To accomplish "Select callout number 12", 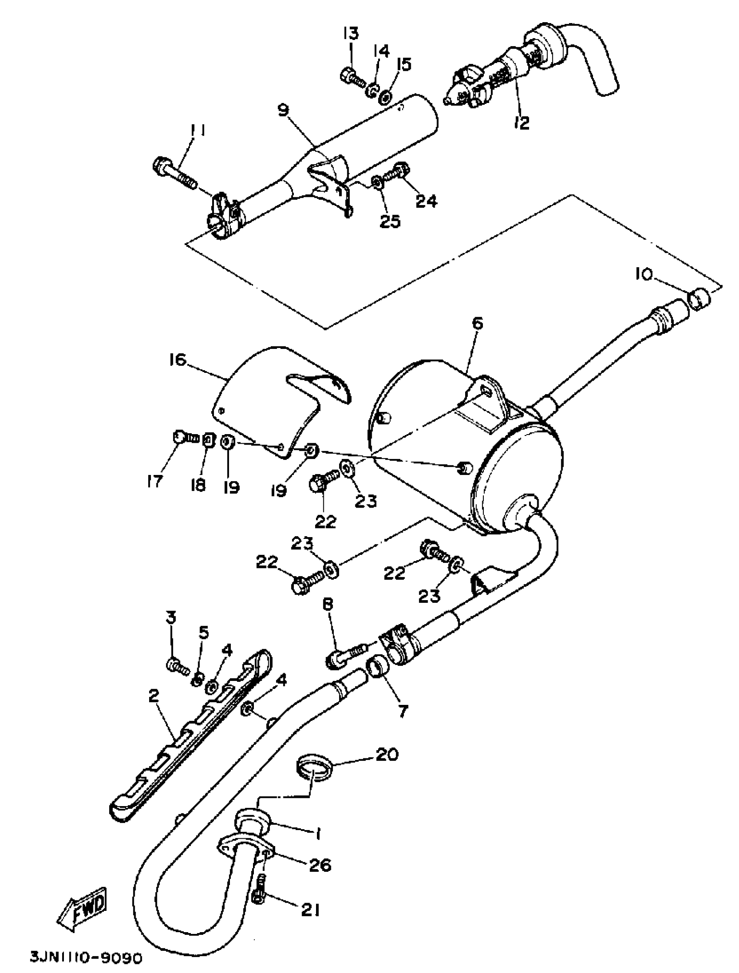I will click(521, 123).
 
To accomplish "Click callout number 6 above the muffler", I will click(477, 324).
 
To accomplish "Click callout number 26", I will click(320, 865).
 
